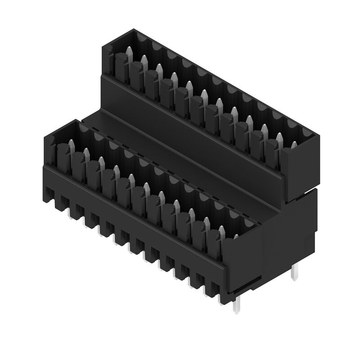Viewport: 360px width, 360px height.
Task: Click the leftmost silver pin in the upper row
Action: [129, 52]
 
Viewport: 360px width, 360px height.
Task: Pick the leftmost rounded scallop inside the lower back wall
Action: [83, 130]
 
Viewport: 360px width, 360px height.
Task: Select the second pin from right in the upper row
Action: [279, 137]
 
